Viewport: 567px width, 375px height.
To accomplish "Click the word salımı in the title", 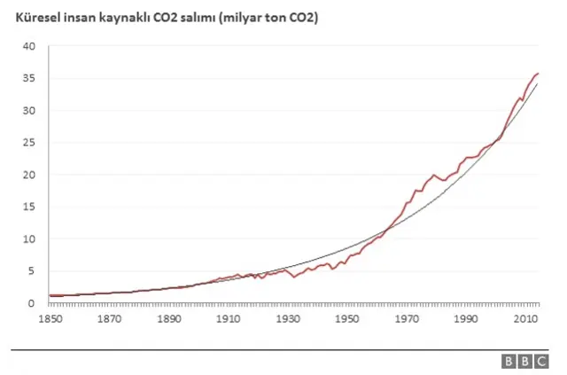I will [197, 17].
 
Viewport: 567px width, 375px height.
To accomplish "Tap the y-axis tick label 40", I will [29, 46].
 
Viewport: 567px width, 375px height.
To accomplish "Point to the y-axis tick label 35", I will [29, 78].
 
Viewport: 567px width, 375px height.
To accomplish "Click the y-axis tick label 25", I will [29, 143].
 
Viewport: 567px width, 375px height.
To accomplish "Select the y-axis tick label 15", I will [29, 207].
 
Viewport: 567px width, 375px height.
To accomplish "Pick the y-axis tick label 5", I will [32, 271].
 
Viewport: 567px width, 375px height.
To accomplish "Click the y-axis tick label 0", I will [32, 303].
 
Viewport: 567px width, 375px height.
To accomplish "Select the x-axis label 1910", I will [228, 318].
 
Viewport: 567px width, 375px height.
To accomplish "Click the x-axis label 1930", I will [287, 318].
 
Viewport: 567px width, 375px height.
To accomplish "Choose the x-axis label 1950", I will [347, 318].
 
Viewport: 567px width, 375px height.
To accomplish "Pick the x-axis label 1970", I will [407, 318].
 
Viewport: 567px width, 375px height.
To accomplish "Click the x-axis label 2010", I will [526, 318].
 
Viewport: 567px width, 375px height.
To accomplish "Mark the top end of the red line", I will [538, 74].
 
